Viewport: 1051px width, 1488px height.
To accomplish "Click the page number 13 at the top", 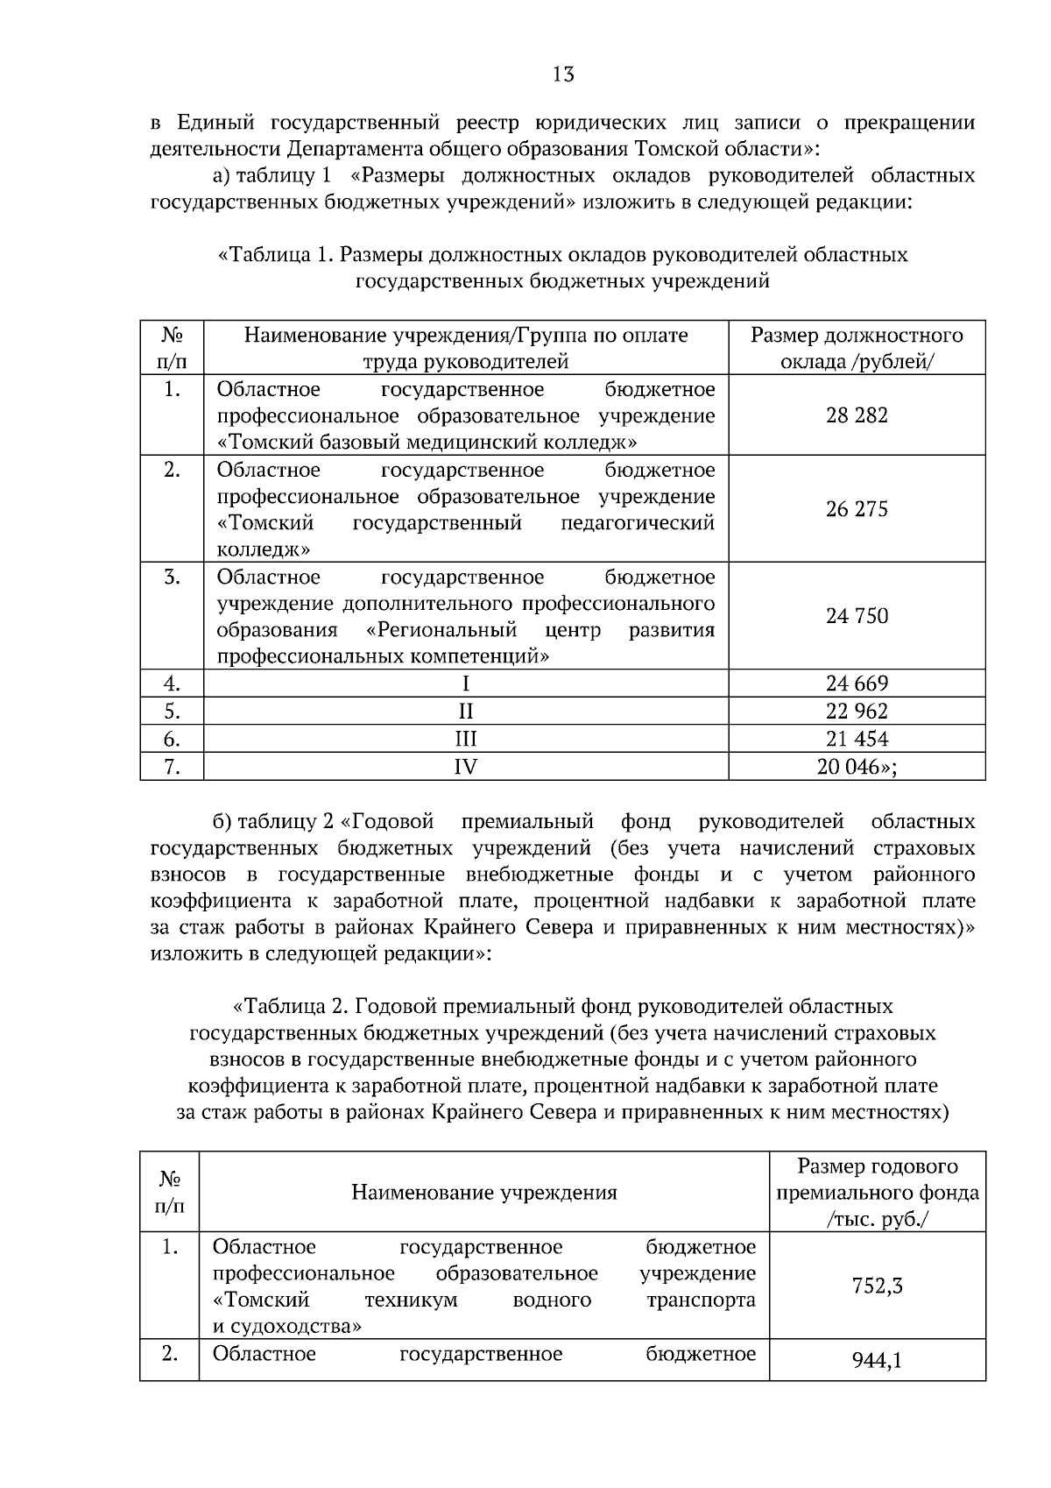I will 563,74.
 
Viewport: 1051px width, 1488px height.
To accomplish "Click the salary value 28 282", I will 857,415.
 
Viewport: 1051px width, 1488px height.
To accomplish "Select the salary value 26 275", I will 857,509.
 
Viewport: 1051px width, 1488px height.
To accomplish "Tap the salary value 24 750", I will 857,616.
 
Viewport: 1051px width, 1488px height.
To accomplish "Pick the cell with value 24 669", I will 857,684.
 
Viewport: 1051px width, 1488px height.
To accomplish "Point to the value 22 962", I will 857,711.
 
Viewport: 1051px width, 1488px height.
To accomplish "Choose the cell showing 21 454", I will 857,739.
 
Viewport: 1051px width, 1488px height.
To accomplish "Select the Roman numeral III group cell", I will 465,739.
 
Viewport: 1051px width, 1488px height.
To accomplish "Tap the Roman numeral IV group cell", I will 465,767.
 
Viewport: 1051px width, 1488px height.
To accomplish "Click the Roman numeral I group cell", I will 465,684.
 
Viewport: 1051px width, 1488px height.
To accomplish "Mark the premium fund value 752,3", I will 877,1286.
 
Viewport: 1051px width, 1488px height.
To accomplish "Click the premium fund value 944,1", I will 877,1361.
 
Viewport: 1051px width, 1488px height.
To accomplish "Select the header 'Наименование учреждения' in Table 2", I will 483,1193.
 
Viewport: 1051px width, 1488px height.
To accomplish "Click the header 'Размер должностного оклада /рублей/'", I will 857,348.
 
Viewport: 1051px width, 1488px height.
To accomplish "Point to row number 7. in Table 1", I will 172,767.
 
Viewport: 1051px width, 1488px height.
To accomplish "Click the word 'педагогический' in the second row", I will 637,523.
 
